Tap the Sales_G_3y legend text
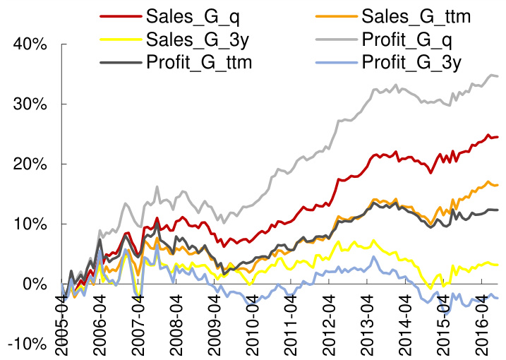coord(190,38)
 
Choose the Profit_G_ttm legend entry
coord(199,61)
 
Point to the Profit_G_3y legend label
coord(411,61)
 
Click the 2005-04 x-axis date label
coord(62,321)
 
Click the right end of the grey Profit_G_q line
coord(498,76)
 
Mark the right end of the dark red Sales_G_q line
coord(498,137)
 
